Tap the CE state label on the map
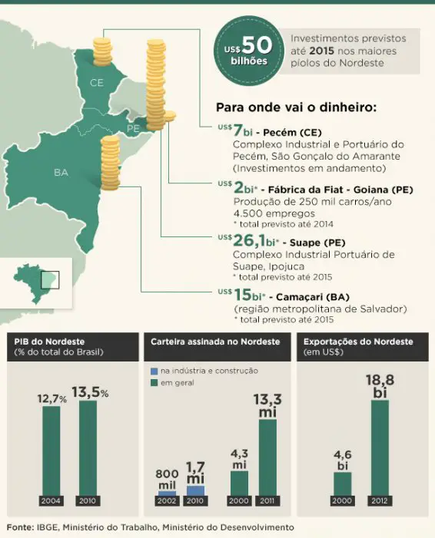point(97,82)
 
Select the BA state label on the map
point(61,172)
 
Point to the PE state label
point(133,127)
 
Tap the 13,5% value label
point(90,392)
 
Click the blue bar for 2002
point(167,493)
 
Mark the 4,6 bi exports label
point(342,460)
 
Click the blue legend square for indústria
point(154,371)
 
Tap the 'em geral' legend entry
point(177,381)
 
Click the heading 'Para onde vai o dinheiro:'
point(296,106)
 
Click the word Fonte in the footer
point(21,527)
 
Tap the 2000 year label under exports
point(342,500)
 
